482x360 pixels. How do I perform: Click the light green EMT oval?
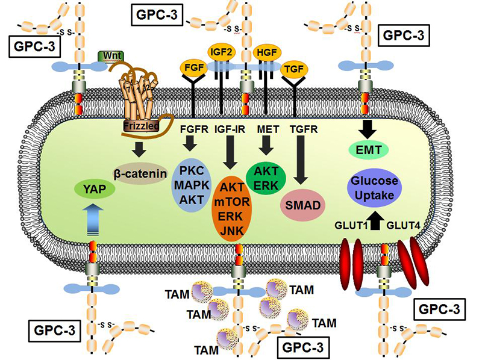tap(366, 147)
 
